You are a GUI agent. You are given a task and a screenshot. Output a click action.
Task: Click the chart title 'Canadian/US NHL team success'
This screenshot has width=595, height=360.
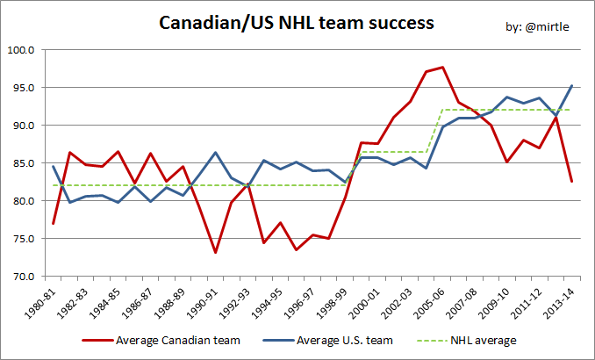(297, 23)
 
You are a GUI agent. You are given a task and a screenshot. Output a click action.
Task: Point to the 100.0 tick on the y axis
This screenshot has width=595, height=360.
(21, 50)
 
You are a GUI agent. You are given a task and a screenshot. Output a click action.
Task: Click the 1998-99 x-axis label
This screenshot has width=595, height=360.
(334, 299)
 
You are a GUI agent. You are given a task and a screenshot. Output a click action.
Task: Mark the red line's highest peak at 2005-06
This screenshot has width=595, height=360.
(442, 68)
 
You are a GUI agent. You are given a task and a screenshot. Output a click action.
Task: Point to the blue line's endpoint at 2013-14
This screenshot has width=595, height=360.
(571, 86)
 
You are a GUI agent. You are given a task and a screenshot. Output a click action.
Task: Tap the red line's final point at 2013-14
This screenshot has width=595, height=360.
(571, 181)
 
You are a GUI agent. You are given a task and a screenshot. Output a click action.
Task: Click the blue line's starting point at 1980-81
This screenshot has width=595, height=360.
(54, 167)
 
